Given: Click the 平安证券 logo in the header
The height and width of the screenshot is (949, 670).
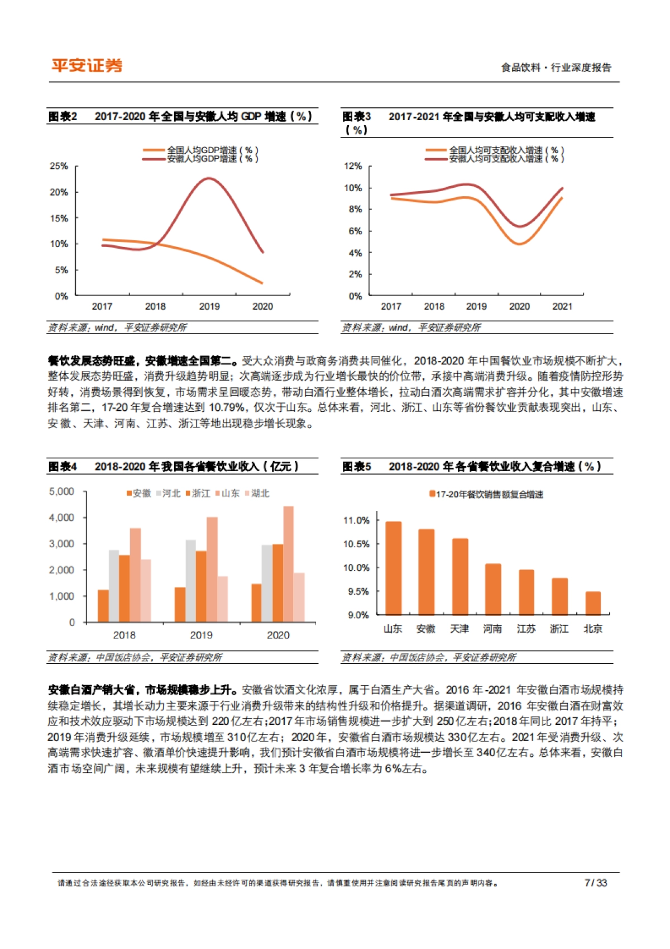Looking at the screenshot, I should point(87,66).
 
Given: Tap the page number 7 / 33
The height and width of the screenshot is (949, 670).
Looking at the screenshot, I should point(595,883).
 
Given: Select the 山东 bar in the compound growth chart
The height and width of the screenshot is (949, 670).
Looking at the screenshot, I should point(393,568).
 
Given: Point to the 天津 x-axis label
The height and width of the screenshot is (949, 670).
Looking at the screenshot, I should point(459,629).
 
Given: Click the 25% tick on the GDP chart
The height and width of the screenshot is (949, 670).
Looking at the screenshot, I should point(59,166).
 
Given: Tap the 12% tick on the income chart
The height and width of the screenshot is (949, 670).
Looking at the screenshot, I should point(353,166).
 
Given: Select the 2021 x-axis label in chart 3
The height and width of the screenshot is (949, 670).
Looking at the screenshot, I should point(562,306).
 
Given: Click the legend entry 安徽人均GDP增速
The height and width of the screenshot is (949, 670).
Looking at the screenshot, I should point(213,159).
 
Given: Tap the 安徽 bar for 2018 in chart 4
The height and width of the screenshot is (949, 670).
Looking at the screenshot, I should point(103,605).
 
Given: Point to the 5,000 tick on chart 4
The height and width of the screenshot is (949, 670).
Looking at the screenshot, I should point(61,491).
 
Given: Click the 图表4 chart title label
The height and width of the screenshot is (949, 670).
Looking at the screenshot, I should point(63,466).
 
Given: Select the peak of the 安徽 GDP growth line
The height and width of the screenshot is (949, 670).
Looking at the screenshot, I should point(209,178).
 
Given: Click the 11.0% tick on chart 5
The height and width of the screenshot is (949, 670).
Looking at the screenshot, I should point(356,520).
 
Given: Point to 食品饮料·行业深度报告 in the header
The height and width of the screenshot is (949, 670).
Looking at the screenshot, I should point(556,68).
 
